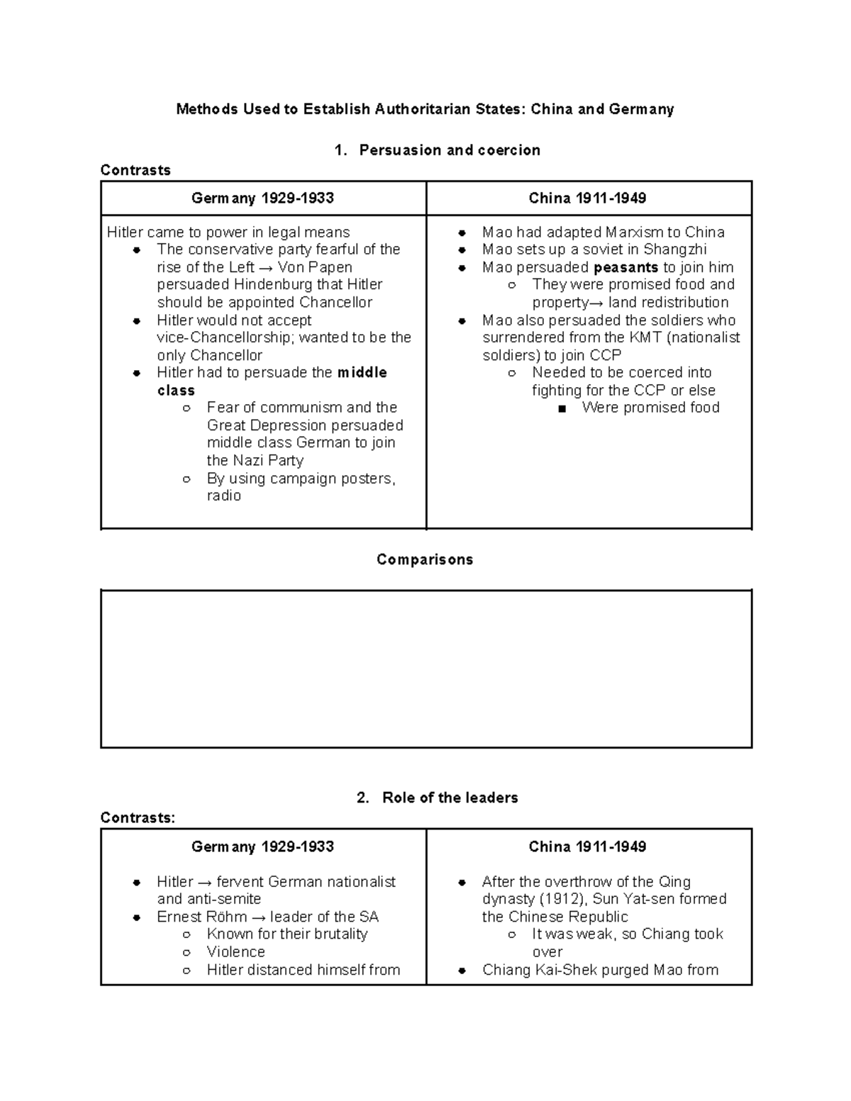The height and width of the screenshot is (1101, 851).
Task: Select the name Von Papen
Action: (315, 267)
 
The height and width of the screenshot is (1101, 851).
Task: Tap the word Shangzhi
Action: (674, 250)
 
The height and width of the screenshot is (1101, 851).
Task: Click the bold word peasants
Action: (625, 267)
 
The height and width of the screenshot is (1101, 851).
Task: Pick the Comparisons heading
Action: (425, 559)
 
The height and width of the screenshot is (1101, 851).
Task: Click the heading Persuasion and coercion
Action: (450, 150)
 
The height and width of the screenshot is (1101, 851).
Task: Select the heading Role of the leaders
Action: (450, 798)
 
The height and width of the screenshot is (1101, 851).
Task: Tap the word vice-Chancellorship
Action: (223, 337)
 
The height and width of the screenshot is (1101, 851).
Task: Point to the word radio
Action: (223, 496)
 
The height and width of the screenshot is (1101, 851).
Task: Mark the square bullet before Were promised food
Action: (562, 408)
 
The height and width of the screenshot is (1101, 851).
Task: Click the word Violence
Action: (235, 952)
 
